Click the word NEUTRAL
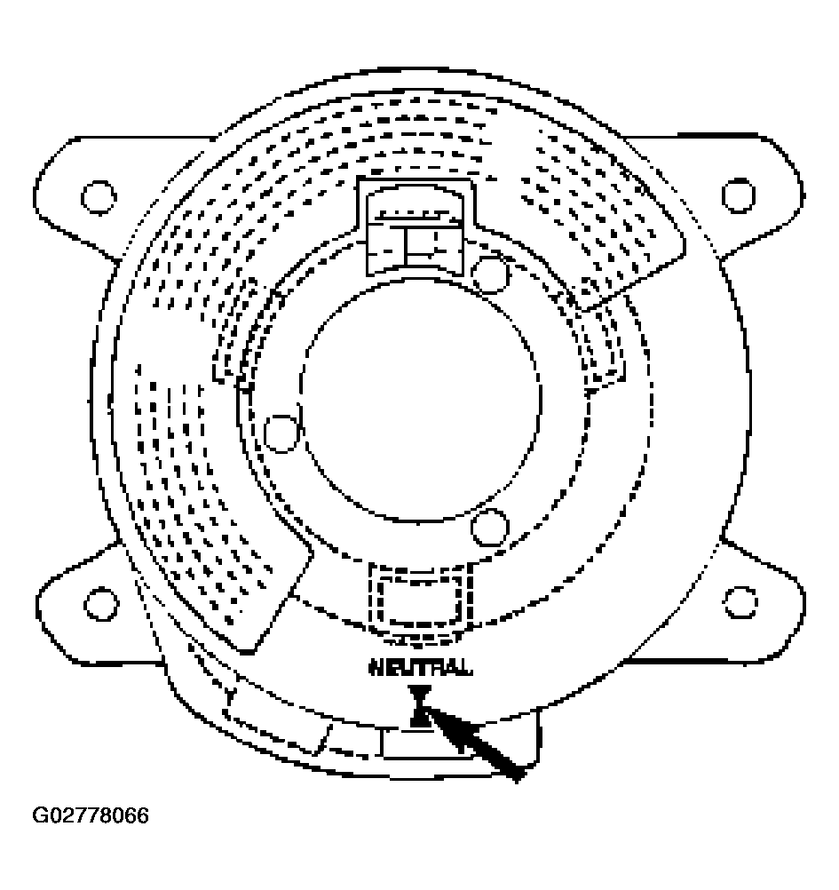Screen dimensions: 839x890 pos(420,668)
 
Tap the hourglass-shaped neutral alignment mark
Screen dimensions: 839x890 pos(420,706)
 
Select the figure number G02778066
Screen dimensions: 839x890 pos(91,815)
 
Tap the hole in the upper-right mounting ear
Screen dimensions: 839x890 pos(738,194)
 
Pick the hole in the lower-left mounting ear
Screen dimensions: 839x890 pos(100,602)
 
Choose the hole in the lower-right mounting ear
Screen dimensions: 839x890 pos(739,602)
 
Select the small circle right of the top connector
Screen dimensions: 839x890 pos(489,274)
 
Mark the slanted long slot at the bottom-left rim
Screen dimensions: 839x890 pos(275,721)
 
